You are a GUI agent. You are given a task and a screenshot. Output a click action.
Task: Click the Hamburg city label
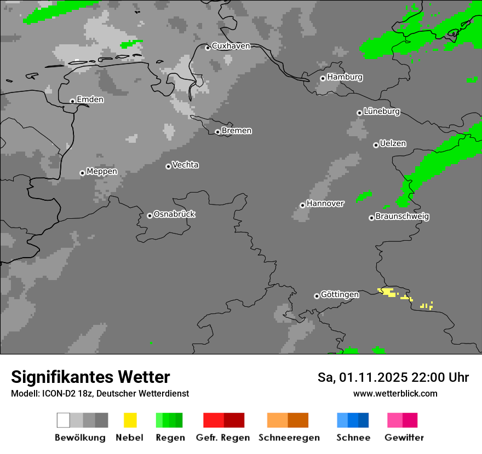coord(345,77)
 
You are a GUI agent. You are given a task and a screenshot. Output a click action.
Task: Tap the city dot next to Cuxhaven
coord(208,48)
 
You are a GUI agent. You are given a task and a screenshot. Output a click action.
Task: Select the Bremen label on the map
coord(237,131)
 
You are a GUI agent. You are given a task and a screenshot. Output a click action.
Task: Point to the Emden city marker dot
coord(72,101)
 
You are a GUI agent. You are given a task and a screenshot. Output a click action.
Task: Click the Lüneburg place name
coord(382,111)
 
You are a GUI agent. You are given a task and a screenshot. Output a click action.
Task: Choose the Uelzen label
coord(393,143)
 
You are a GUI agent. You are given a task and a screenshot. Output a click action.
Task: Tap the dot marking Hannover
coord(302,205)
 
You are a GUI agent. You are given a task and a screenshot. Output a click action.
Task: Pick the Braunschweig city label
coord(402,216)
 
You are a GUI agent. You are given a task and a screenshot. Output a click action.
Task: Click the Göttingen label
coord(340,294)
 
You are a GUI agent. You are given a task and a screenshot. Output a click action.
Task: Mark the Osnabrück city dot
coord(150,216)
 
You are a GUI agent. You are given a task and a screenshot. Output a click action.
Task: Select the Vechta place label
coord(185,165)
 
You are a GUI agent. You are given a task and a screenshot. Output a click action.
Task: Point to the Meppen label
coord(102,171)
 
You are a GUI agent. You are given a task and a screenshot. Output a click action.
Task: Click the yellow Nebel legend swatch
coord(130,420)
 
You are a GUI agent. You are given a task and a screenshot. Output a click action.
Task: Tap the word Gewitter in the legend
coord(404,438)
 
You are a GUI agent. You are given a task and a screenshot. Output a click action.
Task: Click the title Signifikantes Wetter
coord(90,377)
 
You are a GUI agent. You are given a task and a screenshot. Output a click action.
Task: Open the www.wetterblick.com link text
coord(395,393)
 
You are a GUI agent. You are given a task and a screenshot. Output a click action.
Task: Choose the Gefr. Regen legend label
coord(223,438)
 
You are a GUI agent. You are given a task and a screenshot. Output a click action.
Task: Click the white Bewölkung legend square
coord(63,420)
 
